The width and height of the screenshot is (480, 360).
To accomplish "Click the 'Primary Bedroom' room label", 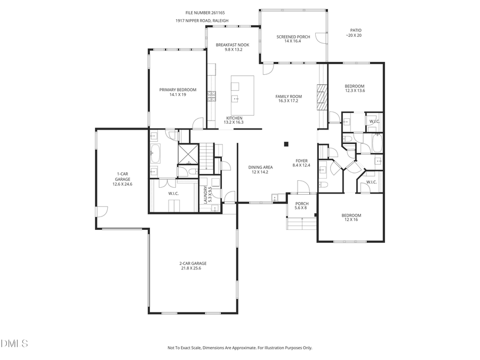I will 178,90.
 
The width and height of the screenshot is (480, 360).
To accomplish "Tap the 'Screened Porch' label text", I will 293,37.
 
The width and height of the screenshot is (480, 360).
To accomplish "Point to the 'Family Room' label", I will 289,97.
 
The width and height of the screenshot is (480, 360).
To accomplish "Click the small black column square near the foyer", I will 286,143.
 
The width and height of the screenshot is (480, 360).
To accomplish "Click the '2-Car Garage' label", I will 193,263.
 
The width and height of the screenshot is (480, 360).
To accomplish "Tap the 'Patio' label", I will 356,30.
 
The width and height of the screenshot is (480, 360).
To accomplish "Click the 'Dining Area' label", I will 260,167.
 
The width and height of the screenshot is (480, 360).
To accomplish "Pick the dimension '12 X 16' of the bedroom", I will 351,220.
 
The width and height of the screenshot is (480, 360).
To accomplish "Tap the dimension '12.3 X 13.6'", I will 355,91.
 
